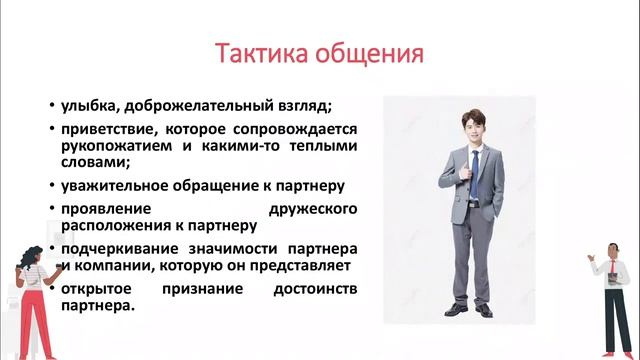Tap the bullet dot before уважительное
(x=51, y=186)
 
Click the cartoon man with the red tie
(x=613, y=290)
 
